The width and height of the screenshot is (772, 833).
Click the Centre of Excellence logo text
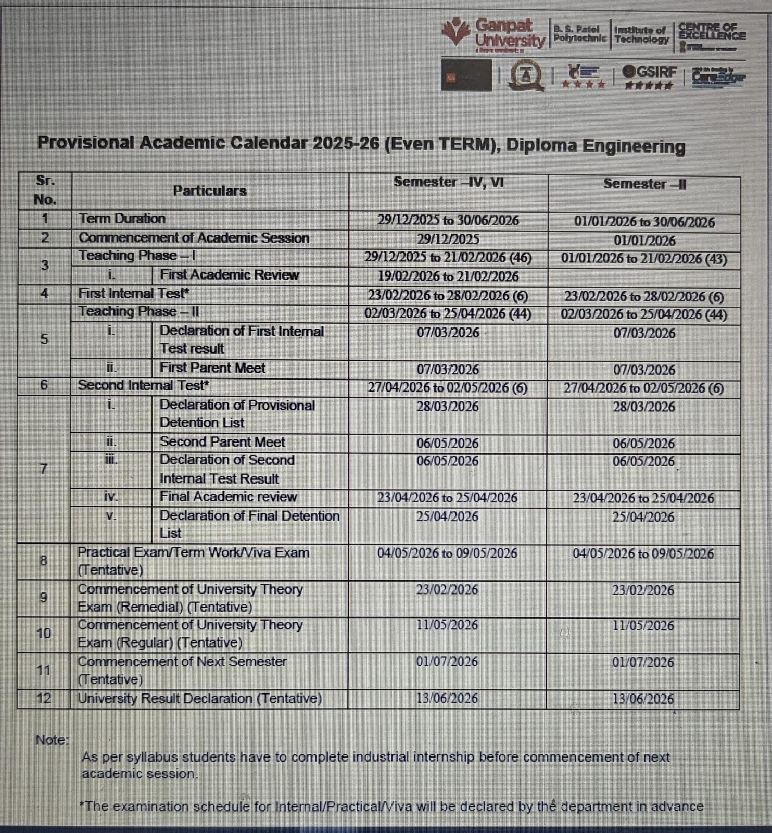pyautogui.click(x=711, y=32)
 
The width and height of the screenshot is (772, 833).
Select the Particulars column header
pyautogui.click(x=209, y=191)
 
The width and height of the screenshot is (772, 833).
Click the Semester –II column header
pyautogui.click(x=644, y=184)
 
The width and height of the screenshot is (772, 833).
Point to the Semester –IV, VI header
pyautogui.click(x=448, y=182)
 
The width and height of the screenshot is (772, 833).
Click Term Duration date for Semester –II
pyautogui.click(x=644, y=222)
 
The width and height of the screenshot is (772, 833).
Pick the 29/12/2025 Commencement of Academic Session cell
pyautogui.click(x=448, y=239)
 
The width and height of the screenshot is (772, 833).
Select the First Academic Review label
pyautogui.click(x=229, y=275)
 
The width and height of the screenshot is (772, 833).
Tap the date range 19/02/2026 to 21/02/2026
pyautogui.click(x=448, y=276)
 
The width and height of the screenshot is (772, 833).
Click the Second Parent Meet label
pyautogui.click(x=222, y=442)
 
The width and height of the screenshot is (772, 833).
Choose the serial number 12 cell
pyautogui.click(x=44, y=698)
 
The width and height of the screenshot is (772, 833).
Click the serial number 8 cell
pyautogui.click(x=44, y=561)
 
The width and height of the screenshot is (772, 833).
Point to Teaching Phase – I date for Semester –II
pyautogui.click(x=644, y=259)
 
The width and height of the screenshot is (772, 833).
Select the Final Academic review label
pyautogui.click(x=228, y=497)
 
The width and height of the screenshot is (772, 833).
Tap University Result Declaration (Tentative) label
pyautogui.click(x=199, y=698)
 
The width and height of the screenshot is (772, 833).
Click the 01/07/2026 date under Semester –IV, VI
pyautogui.click(x=447, y=662)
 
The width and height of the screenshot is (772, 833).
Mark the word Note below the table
pyautogui.click(x=52, y=740)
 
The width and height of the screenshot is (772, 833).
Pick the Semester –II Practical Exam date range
pyautogui.click(x=643, y=553)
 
